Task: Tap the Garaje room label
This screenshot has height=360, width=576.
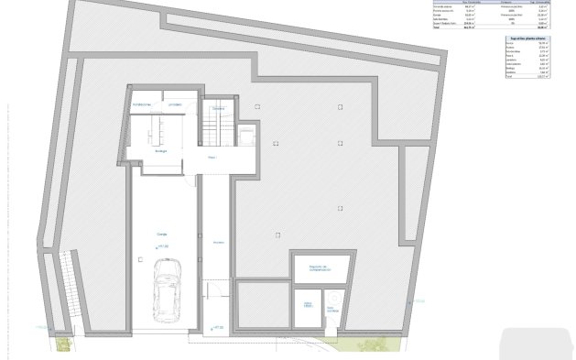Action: pyautogui.click(x=161, y=234)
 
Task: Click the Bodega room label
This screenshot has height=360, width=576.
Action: pyautogui.click(x=160, y=150)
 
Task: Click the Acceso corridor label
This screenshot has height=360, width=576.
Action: pyautogui.click(x=218, y=242)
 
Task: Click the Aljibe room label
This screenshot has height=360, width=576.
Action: pyautogui.click(x=309, y=304)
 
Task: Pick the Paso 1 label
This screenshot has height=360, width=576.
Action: pyautogui.click(x=212, y=158)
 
